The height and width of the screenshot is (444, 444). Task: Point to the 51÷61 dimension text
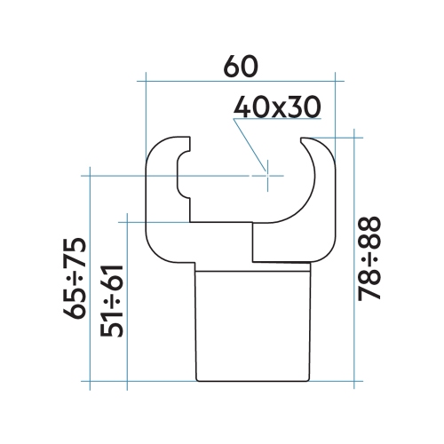point(113,299)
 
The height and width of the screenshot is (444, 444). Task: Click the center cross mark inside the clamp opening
point(266,176)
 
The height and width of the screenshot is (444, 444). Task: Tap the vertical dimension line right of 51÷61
point(129,302)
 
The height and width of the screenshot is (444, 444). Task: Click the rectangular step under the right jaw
point(282,242)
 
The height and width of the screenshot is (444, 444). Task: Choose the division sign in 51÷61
point(113,299)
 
